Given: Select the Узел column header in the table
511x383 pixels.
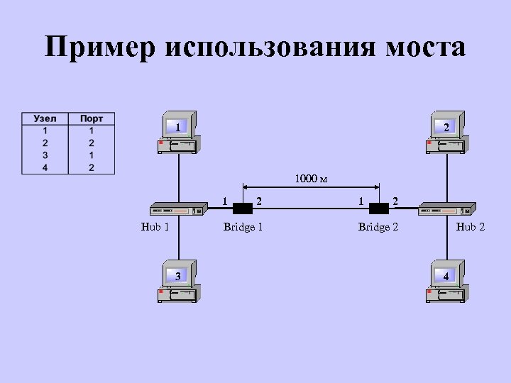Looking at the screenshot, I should pos(45,119).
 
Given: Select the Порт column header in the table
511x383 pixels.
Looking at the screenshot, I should pos(91,119).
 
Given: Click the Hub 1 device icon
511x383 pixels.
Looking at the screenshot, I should pos(177,209).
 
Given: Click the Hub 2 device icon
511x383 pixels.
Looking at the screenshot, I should pos(446,209).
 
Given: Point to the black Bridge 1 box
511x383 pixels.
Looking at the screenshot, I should pos(243,209).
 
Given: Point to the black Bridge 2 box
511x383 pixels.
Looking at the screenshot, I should pos(378,209).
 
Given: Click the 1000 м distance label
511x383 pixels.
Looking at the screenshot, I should pos(311,179).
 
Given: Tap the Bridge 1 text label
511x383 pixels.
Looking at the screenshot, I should pos(243,228).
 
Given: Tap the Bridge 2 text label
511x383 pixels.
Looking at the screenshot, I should pos(378,228).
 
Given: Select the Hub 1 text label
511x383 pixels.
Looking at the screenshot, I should pos(155,228).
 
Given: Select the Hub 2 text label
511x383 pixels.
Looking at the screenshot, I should pos(471,228).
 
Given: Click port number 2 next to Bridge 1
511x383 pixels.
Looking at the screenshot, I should pos(260,200).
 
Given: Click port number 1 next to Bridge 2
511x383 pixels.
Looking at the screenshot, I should pos(361,201).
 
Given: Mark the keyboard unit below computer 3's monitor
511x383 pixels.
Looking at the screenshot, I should pos(178,293).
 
